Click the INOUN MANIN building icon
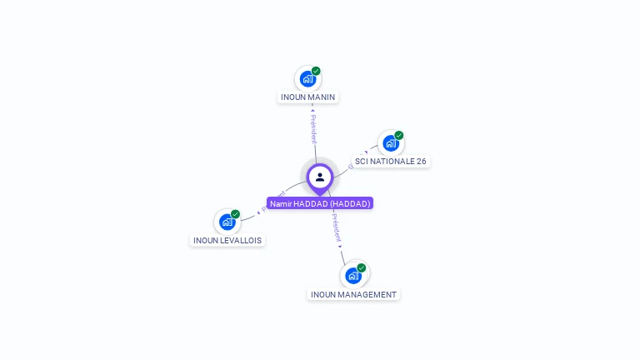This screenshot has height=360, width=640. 307,79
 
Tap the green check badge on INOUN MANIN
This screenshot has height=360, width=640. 317,71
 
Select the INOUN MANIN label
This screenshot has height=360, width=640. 307,97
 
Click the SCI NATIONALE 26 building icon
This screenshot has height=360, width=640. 390,143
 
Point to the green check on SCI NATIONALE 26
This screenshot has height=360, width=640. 399,135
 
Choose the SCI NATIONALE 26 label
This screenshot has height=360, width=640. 390,161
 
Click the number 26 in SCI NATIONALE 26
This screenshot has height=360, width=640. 421,161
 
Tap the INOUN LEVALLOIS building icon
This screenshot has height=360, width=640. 227,222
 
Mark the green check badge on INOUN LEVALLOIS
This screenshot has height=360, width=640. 236,214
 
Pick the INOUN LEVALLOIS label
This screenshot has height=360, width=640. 227,240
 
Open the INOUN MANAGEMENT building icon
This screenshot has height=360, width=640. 353,276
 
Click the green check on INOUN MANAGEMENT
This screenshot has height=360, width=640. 362,267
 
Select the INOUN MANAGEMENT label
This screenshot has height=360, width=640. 353,294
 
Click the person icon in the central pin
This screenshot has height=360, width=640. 320,177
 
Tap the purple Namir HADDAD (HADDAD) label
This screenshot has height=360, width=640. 320,203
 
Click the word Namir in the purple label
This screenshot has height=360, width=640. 281,203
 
